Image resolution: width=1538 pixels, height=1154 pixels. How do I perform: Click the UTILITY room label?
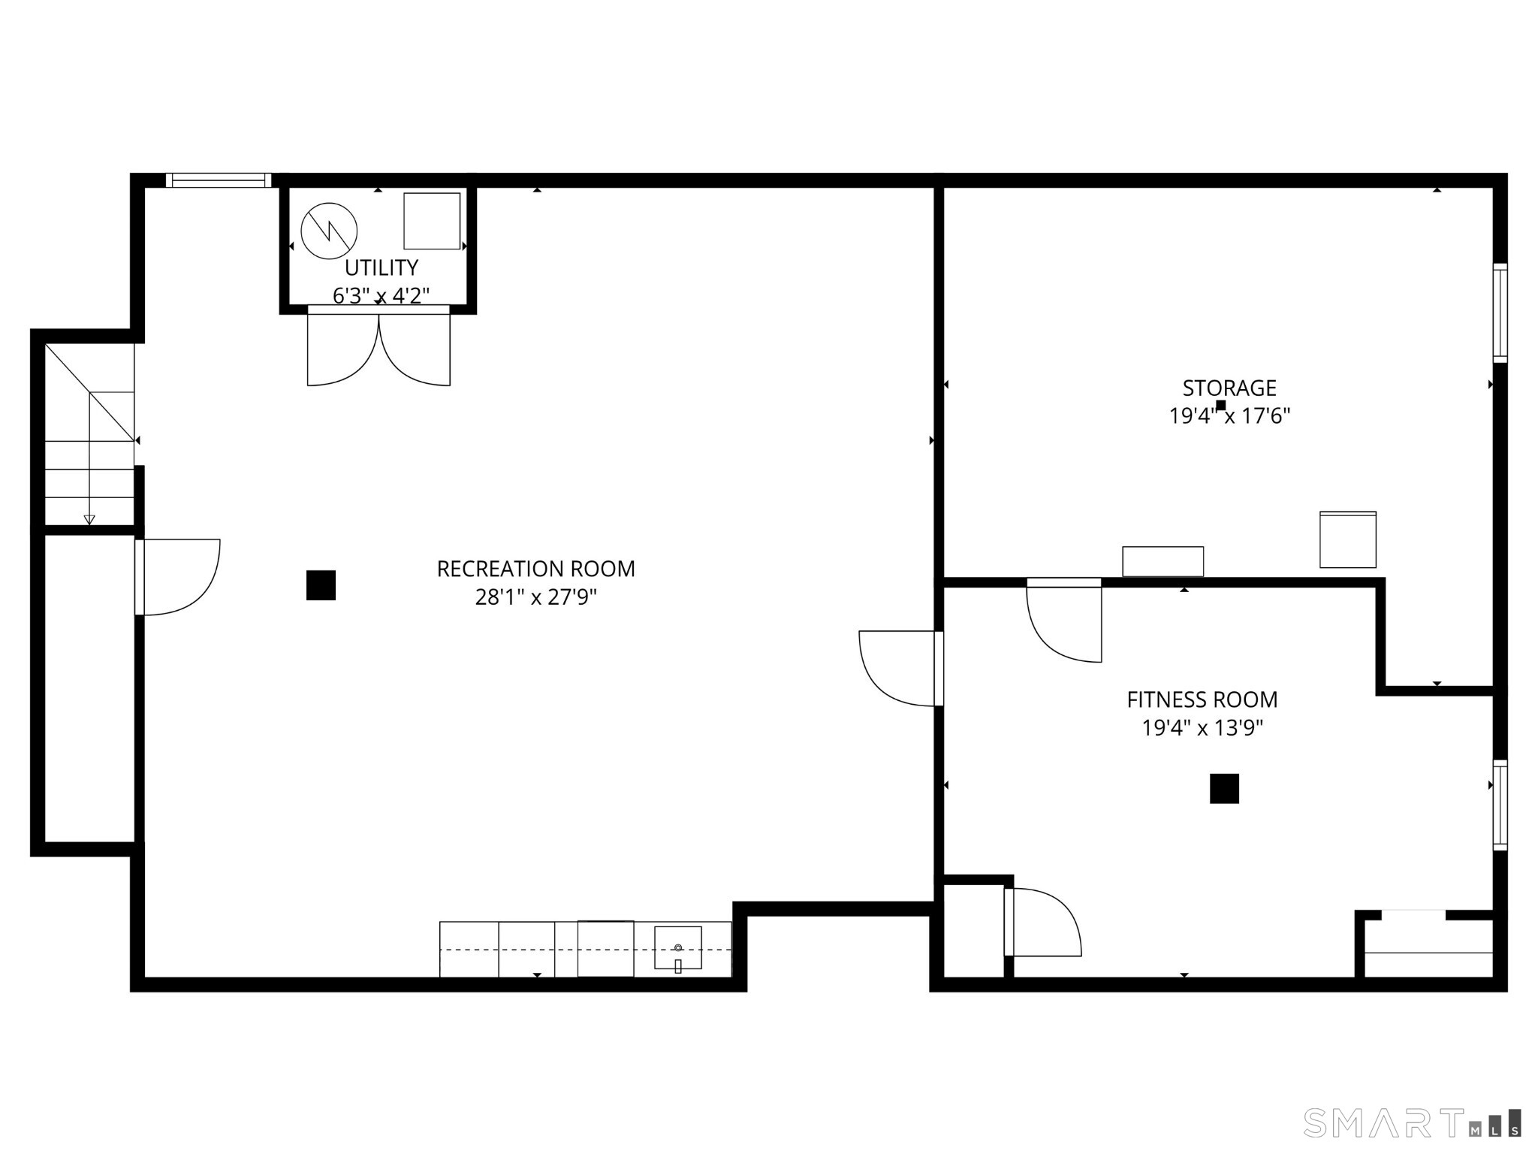click(381, 267)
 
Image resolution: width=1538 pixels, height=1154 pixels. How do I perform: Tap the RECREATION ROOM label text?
click(535, 569)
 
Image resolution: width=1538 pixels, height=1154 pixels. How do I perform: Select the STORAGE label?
click(1229, 388)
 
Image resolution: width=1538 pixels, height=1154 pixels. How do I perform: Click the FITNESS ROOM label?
click(1202, 699)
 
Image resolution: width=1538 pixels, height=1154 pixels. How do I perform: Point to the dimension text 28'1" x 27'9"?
click(535, 597)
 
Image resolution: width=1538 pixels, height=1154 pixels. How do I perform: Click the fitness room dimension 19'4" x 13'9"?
click(1202, 728)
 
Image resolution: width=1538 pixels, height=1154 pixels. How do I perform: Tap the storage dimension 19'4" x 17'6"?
click(1229, 415)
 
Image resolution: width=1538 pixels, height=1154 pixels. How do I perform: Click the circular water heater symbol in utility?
click(329, 231)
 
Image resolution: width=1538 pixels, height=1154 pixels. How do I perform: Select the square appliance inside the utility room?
click(432, 221)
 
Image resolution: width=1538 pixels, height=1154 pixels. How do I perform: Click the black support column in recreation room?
click(321, 585)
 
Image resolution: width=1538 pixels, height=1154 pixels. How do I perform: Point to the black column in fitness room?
click(1224, 789)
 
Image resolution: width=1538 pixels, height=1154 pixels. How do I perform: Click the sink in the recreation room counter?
click(677, 948)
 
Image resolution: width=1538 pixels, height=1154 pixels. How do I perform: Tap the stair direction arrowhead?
click(89, 519)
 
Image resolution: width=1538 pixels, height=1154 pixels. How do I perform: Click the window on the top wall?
click(219, 180)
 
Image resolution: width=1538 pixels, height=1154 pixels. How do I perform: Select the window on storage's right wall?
click(1500, 313)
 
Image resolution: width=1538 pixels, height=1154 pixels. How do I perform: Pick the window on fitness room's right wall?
click(1500, 805)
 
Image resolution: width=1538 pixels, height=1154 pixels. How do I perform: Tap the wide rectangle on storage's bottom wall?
click(1163, 561)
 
